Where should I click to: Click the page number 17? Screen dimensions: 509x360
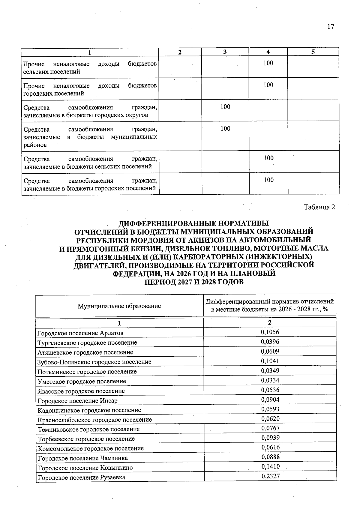coord(331,26)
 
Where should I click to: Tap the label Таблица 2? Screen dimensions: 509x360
coord(319,207)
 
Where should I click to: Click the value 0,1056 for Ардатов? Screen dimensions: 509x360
coord(270,332)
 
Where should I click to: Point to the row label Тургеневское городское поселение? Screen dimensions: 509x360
coord(87,343)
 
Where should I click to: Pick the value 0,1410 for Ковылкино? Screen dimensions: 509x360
coord(270,466)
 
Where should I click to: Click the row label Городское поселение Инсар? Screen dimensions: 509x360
coord(77,401)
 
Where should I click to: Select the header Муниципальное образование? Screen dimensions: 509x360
coord(119,306)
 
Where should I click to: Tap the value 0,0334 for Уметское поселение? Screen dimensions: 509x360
coord(270,380)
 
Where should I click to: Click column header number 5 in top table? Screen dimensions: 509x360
coord(313,52)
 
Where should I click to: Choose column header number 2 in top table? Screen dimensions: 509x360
coord(180,52)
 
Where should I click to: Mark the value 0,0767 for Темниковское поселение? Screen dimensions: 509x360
coord(270,428)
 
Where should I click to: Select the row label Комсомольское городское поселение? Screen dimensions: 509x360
coord(91,448)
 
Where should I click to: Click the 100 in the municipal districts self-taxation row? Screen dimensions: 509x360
coord(225,129)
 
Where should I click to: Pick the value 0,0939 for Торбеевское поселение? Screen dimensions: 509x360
coord(270,438)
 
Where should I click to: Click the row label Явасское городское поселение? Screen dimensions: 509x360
coord(81,391)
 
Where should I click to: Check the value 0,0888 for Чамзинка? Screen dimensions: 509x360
coord(270,457)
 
